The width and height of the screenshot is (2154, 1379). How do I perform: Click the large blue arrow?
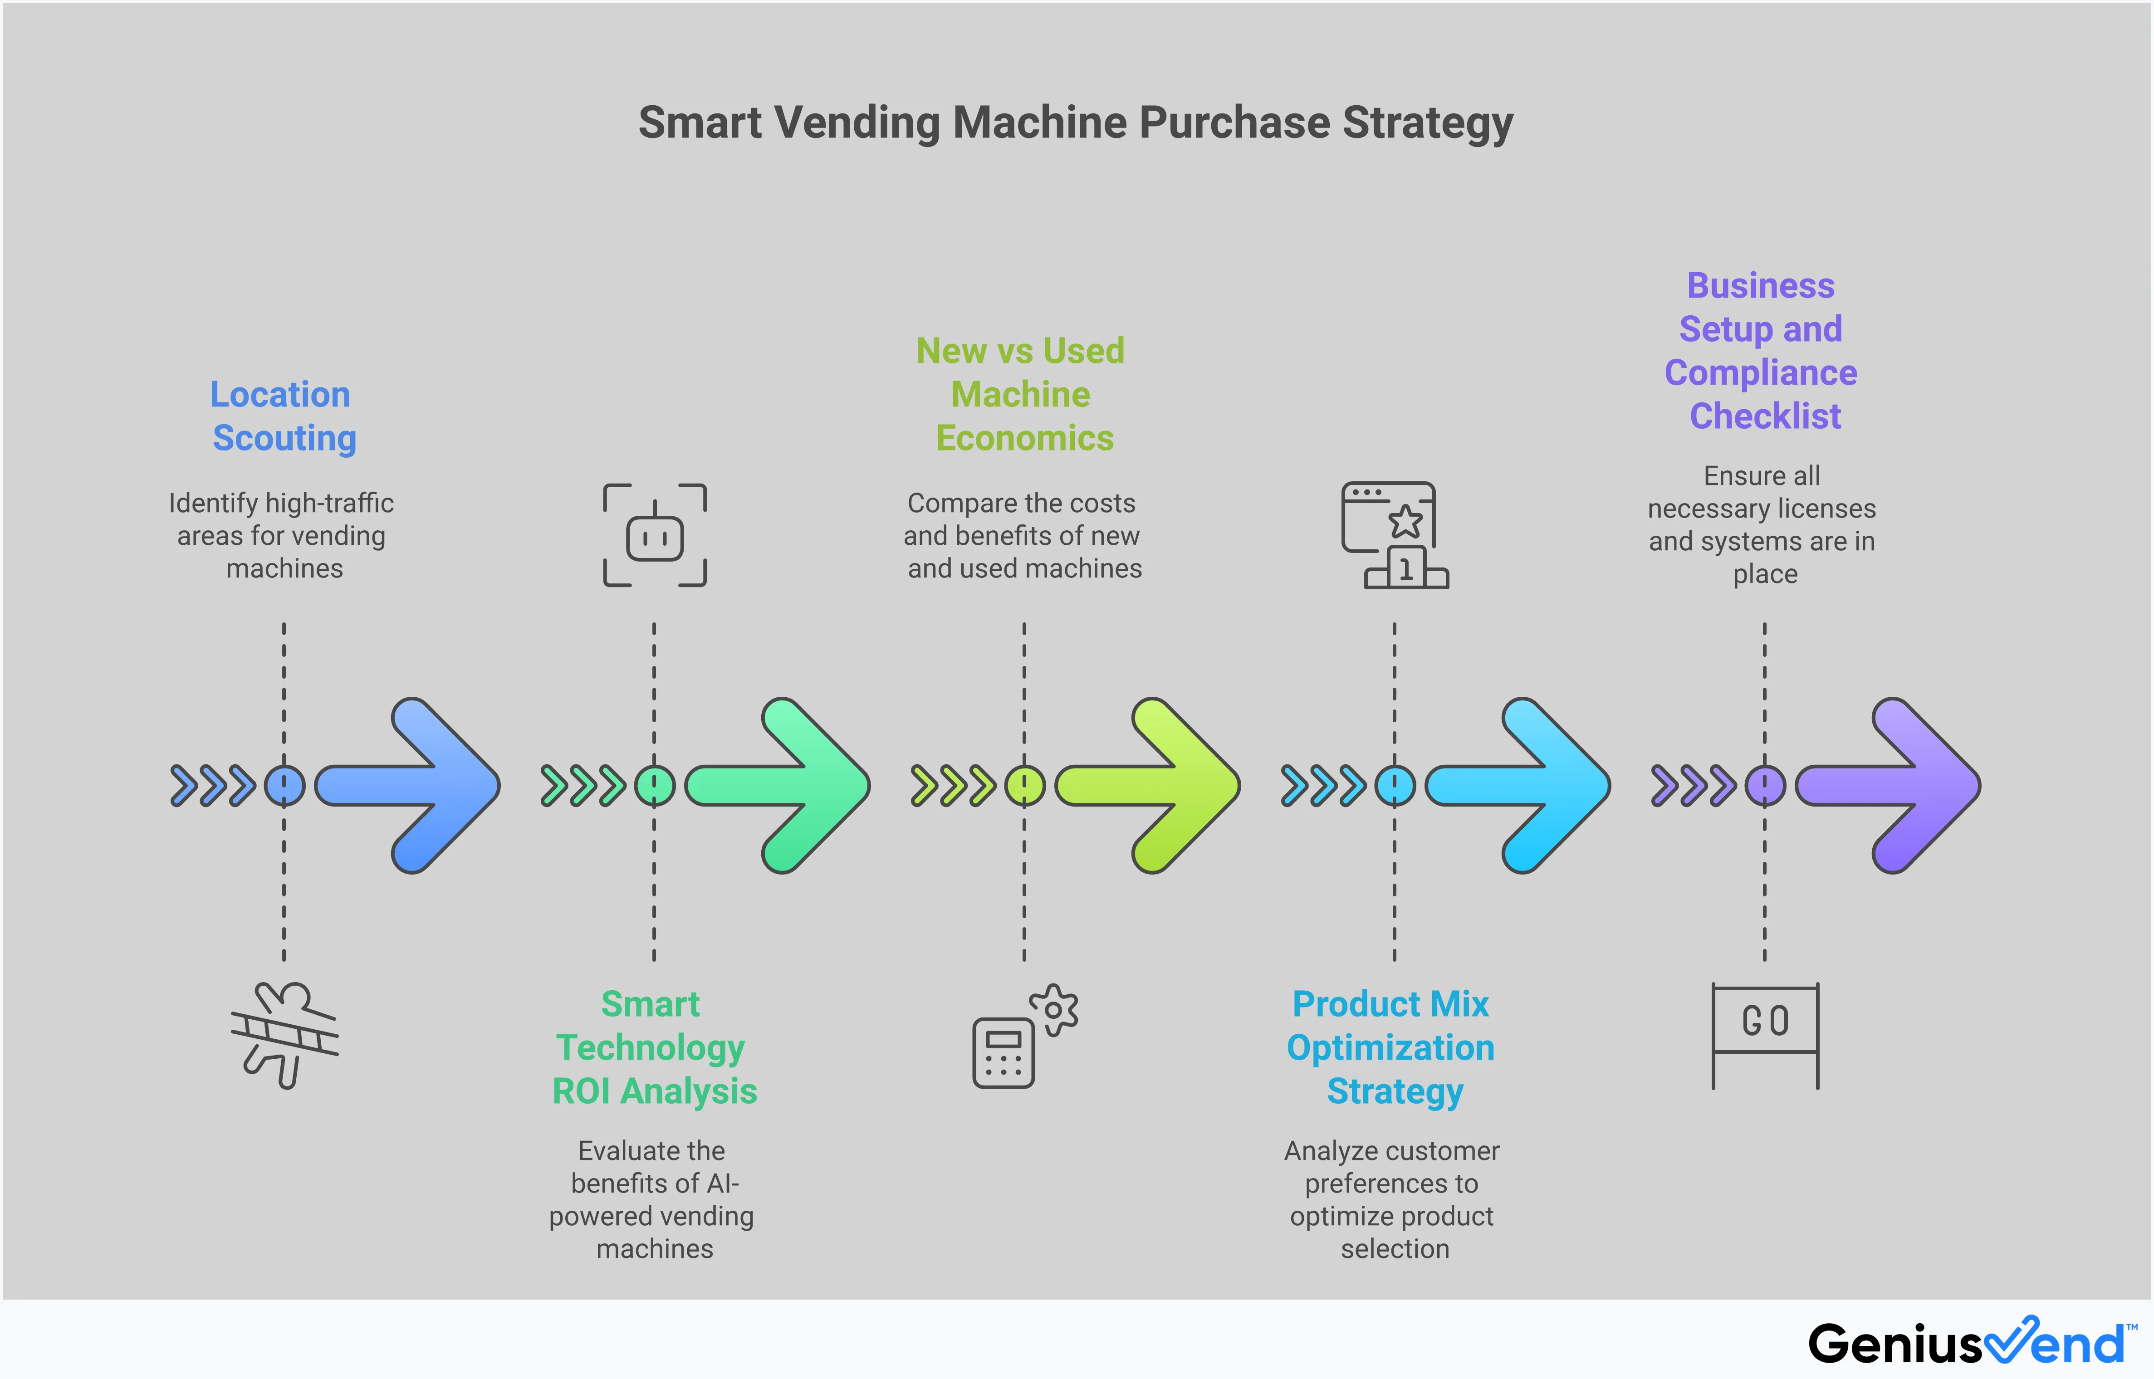tap(421, 785)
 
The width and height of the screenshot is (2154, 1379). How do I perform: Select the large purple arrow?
tap(1902, 785)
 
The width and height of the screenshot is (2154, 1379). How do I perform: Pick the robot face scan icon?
tap(655, 535)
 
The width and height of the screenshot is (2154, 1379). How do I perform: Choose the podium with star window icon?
tap(1394, 535)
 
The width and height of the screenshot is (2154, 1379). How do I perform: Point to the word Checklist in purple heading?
tap(1765, 416)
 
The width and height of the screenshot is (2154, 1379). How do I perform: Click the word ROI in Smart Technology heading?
tap(582, 1091)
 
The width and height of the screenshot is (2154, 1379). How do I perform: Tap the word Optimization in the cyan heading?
tap(1390, 1048)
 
